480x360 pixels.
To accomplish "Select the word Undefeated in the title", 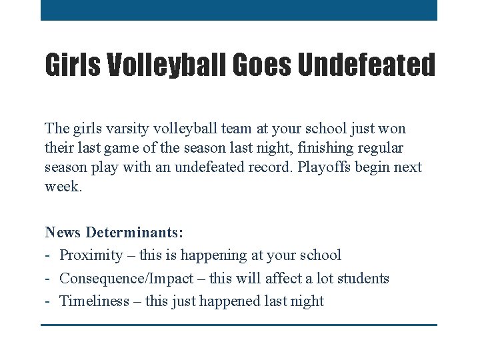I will coord(366,65).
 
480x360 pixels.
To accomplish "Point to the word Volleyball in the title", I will coord(166,65).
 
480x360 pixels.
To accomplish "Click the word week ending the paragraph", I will coord(63,186).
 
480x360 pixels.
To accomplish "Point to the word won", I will coord(393,128).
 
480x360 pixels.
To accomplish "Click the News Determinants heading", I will coord(114,233).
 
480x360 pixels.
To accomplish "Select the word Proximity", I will coord(91,255).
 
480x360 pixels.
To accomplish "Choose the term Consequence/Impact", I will coord(127,278).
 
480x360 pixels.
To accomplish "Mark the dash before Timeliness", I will coord(49,301).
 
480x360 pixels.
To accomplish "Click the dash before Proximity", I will coord(49,255).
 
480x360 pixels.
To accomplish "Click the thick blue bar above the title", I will coord(239,10).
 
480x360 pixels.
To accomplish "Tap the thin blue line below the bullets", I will coord(239,325).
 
